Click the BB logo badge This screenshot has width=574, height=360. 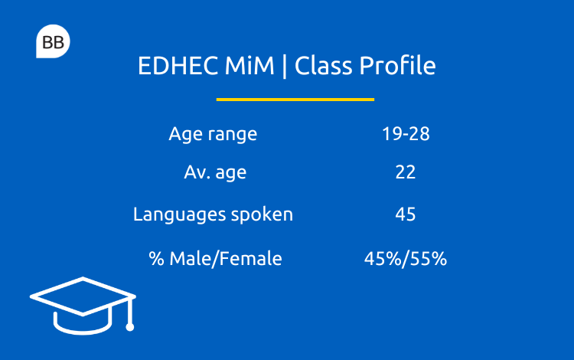[53, 41]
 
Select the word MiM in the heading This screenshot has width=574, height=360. [249, 66]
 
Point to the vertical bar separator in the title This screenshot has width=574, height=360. [285, 67]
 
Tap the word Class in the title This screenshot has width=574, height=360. [323, 66]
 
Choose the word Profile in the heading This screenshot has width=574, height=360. [397, 66]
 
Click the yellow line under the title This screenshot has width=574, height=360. [295, 100]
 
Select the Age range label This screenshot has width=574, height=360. [213, 134]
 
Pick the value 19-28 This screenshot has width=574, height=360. [406, 134]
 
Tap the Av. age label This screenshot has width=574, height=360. [215, 172]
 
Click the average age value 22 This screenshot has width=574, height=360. [406, 172]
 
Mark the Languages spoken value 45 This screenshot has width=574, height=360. [406, 214]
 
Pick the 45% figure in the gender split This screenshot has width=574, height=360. [383, 259]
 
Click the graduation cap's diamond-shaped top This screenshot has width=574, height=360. [83, 296]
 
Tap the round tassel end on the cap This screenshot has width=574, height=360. [129, 327]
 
